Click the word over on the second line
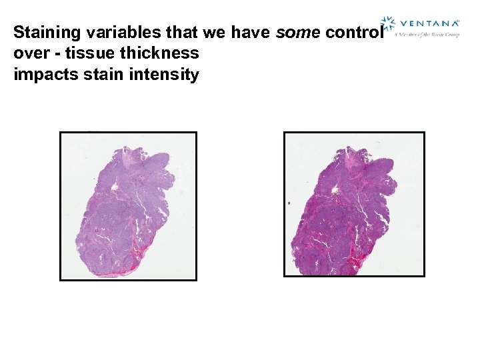tap(30, 53)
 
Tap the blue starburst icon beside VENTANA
tap(387, 24)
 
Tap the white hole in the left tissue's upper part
tap(116, 188)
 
